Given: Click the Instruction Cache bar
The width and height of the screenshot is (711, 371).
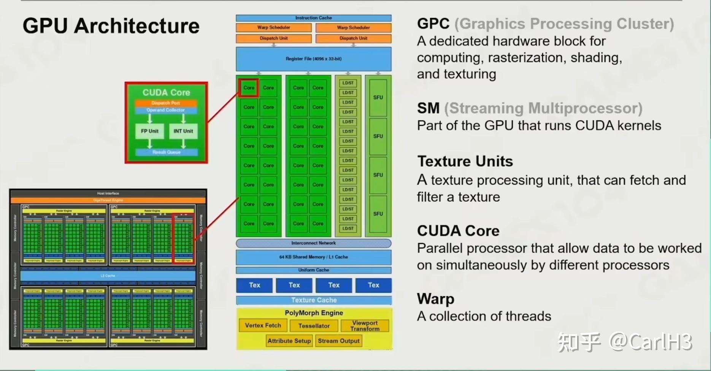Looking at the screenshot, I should (313, 18).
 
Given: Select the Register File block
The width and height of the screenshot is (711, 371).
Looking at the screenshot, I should (313, 59).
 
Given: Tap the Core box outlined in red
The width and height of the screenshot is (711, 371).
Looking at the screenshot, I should (249, 88).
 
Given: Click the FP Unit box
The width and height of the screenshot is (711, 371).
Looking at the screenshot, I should (149, 131).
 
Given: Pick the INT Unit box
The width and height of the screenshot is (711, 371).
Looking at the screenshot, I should (183, 131).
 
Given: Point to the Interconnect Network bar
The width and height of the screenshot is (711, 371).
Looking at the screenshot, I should (313, 243).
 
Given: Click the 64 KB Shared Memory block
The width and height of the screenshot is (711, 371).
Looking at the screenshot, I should (313, 257).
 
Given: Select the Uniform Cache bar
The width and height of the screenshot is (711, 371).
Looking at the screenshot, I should (313, 270).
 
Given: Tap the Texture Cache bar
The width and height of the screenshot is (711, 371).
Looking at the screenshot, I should (313, 300).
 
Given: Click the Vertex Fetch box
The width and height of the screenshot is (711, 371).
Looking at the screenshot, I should (263, 325).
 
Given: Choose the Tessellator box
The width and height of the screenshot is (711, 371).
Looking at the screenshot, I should (314, 326).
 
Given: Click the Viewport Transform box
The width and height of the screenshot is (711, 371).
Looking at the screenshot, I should (365, 326).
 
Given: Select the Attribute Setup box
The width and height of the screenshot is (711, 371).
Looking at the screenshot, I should (289, 341).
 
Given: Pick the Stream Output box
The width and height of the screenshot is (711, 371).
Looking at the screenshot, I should (338, 341).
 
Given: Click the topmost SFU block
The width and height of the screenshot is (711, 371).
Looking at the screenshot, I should (378, 97).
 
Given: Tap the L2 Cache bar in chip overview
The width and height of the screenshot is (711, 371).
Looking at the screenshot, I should (108, 276).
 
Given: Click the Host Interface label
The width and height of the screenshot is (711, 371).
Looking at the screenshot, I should (108, 193).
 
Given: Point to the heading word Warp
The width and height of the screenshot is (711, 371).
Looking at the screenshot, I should (435, 299).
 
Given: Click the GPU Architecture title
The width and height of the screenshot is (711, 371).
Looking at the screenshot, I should (111, 26).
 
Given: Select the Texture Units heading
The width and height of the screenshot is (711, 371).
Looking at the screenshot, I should (465, 162).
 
